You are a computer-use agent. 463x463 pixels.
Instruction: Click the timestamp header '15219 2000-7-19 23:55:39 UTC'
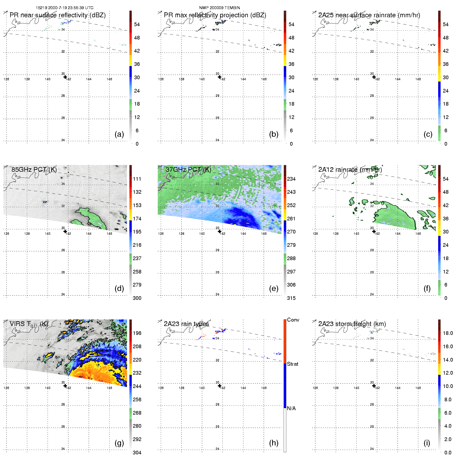65,8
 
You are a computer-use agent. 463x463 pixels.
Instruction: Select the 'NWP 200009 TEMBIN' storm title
219,8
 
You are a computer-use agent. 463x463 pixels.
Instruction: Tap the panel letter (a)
119,134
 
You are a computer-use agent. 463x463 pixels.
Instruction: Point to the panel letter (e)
273,289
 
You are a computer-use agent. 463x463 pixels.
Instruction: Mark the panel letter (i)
427,443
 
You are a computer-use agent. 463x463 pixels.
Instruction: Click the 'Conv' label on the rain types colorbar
293,320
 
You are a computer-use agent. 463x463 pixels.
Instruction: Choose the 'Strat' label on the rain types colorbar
293,364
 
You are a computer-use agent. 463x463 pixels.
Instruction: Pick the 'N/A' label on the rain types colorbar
291,408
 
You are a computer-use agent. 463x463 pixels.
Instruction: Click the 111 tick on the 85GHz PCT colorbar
137,179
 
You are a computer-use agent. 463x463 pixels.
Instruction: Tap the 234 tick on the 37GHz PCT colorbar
291,179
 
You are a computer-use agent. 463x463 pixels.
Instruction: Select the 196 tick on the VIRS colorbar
137,333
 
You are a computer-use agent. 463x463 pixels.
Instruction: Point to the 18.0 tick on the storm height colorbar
448,333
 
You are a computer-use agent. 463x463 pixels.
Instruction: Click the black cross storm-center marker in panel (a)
65,77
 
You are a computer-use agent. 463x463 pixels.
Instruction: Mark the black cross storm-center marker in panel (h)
220,386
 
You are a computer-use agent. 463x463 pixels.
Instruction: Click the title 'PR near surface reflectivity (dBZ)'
58,15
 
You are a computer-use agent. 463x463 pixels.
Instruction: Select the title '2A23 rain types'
186,324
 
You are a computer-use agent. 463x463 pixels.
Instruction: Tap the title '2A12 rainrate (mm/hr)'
350,170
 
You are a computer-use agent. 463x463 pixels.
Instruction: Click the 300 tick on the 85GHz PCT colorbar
137,298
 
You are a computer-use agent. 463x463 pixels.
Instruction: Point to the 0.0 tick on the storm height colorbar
448,453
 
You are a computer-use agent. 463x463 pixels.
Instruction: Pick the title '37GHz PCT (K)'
188,170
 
